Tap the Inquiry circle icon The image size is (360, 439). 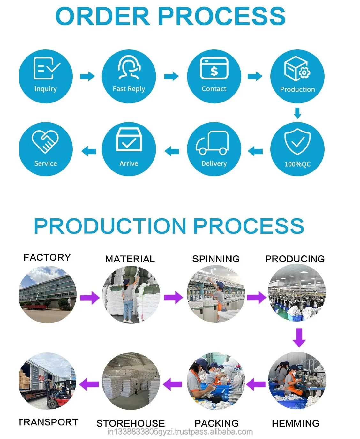(46, 76)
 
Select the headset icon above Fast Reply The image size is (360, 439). (129, 67)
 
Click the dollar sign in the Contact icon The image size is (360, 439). (214, 71)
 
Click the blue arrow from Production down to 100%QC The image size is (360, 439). (297, 113)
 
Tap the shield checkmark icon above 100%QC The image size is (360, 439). (297, 141)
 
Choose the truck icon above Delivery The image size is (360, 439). (212, 142)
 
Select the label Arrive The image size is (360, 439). (129, 163)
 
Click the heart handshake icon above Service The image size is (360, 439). (45, 142)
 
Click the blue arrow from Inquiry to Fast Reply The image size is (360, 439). (87, 76)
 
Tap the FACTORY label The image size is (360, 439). (47, 257)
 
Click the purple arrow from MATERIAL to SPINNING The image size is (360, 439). (173, 298)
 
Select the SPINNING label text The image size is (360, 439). (216, 259)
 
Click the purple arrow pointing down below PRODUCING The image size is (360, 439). (299, 338)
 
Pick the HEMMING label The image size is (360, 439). (296, 423)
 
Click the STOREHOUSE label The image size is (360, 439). (131, 423)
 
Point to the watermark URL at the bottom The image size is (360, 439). (180, 432)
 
